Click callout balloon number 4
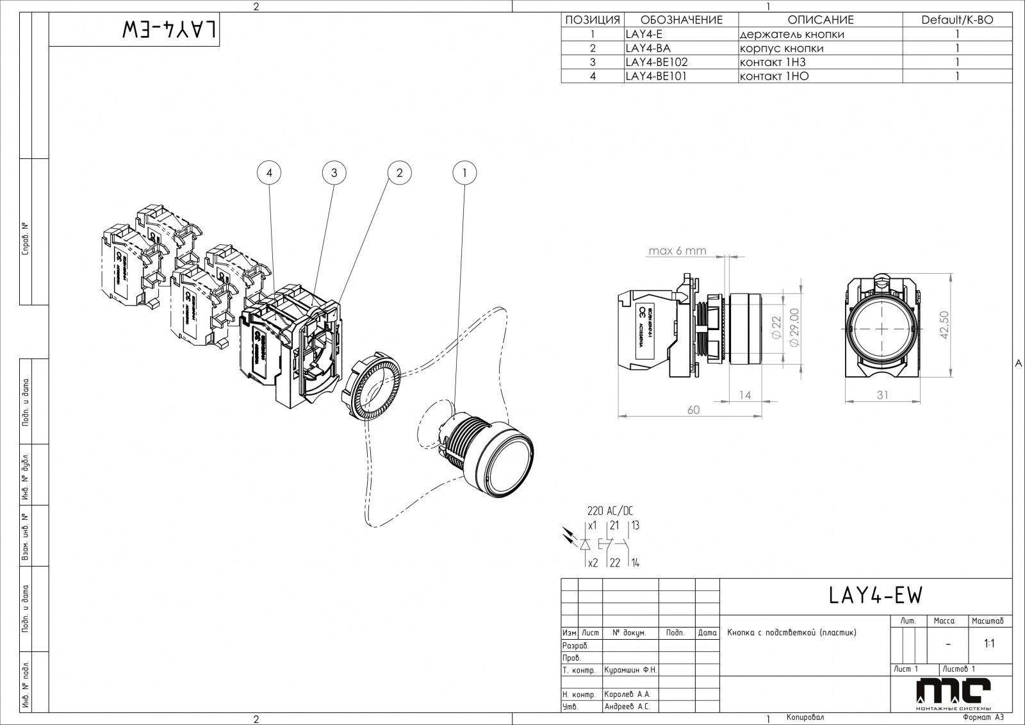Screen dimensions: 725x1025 (x=270, y=172)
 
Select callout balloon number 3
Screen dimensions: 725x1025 (x=334, y=172)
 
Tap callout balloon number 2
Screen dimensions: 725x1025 (x=400, y=172)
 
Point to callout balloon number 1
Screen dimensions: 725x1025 (x=465, y=172)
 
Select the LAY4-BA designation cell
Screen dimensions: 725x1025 (x=648, y=48)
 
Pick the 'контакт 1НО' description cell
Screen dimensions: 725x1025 (x=774, y=76)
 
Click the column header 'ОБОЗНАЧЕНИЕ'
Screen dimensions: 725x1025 (x=681, y=20)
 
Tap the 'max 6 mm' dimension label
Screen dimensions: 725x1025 (x=676, y=251)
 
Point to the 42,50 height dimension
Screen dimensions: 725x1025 (x=945, y=325)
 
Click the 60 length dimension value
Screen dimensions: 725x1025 (x=693, y=410)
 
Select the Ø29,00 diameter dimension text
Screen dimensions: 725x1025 (x=795, y=328)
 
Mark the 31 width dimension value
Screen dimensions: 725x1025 (x=883, y=396)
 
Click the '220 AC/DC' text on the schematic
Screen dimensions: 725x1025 (x=610, y=511)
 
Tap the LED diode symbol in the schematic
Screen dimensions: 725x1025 (x=585, y=544)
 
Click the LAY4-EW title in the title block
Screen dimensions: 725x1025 (x=875, y=596)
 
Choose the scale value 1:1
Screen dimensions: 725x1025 (x=989, y=644)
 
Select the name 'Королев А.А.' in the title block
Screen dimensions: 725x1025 (x=627, y=694)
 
